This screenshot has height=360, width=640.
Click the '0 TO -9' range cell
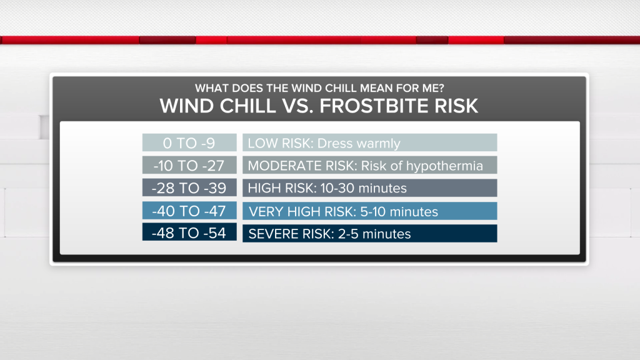189,143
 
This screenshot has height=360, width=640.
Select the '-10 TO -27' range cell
189,165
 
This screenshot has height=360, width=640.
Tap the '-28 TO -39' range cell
189,187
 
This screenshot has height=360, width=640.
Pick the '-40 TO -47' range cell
189,211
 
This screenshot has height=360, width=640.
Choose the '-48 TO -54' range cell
189,232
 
